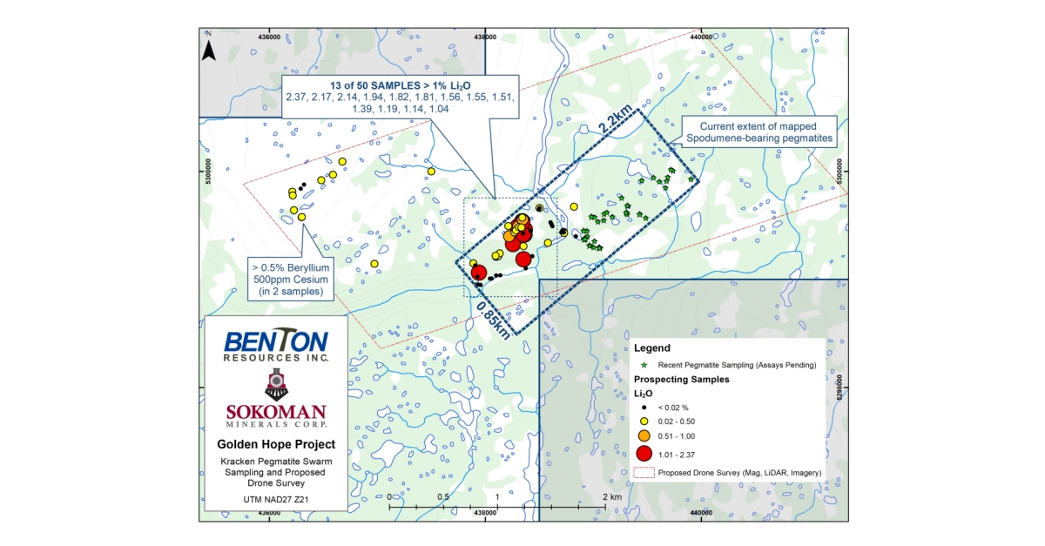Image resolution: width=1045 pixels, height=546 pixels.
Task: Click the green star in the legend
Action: tap(644, 365)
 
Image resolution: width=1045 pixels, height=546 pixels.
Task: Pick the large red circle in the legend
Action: tap(644, 453)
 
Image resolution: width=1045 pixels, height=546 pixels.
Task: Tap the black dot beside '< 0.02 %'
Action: tap(644, 408)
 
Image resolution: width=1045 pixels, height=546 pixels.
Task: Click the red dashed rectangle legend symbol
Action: tap(644, 472)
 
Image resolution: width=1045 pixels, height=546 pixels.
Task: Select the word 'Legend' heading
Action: tap(652, 347)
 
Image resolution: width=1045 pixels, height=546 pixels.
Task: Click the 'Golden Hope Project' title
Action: tap(275, 444)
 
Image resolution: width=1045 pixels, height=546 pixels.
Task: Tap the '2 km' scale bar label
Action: tap(613, 495)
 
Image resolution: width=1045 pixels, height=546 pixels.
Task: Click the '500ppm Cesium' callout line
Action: tap(290, 280)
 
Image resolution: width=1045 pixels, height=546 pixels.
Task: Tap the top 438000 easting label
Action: tap(485, 37)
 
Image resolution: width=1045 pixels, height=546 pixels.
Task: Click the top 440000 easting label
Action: tap(702, 37)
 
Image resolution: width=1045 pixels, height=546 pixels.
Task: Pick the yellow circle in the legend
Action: tap(644, 421)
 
